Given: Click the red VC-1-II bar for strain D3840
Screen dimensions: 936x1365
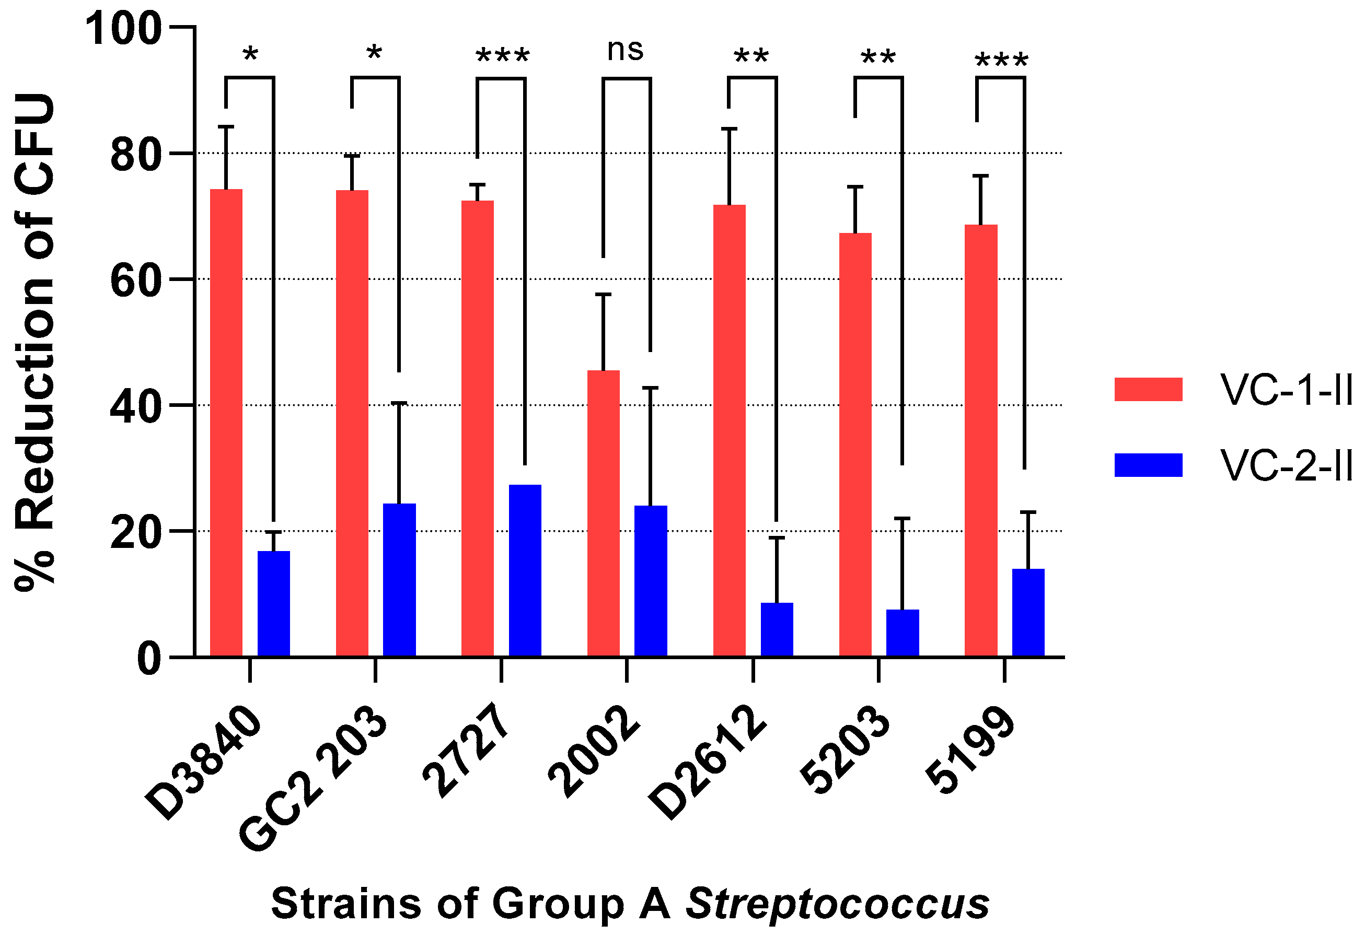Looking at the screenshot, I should pos(226,423).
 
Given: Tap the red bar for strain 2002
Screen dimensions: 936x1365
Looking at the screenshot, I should pos(603,513).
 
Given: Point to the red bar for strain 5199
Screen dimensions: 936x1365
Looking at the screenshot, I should pos(980,440).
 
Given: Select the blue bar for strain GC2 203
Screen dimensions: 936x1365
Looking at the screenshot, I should pos(399,580).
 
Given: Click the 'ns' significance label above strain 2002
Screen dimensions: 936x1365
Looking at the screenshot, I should pos(625,50).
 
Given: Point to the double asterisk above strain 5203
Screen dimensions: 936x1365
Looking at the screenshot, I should pos(877,58).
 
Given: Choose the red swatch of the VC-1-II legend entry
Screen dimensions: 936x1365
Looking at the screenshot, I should pos(1148,389).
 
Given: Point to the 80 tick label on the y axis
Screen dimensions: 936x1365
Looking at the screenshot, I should pos(135,155).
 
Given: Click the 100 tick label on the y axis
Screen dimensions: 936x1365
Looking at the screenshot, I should pos(123,29).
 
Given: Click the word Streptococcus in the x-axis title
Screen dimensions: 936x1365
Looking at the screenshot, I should pos(838,904).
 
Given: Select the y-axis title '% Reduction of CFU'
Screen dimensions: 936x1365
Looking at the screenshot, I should pos(35,341).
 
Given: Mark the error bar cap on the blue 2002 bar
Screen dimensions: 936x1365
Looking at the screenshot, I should pos(650,388).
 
